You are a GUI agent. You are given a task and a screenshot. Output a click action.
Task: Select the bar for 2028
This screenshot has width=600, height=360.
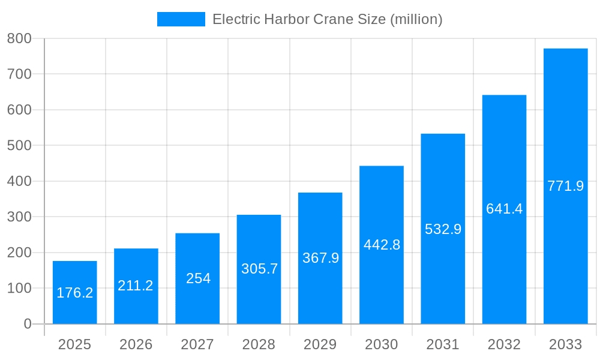click(x=259, y=240)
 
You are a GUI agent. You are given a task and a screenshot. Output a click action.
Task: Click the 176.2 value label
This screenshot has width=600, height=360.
click(x=75, y=293)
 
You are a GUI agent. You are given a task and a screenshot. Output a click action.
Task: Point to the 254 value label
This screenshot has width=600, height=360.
click(x=198, y=278)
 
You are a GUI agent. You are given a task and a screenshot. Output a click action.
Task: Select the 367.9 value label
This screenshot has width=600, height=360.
click(x=320, y=258)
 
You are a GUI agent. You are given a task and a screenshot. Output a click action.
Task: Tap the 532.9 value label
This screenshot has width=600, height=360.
click(x=443, y=229)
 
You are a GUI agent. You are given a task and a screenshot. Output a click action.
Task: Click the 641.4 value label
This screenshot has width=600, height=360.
click(x=504, y=209)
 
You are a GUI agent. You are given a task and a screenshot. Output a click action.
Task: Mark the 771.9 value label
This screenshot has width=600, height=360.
click(x=565, y=186)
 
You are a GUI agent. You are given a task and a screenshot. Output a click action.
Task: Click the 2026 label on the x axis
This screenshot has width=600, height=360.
click(x=136, y=344)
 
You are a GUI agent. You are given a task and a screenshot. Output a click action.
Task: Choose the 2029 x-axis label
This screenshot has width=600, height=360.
click(x=320, y=344)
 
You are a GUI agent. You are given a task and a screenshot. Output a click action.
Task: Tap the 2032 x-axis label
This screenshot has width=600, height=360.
click(x=504, y=344)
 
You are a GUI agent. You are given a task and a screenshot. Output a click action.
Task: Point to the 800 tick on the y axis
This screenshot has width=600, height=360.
click(x=19, y=38)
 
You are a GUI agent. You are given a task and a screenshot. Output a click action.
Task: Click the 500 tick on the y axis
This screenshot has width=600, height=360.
click(x=19, y=145)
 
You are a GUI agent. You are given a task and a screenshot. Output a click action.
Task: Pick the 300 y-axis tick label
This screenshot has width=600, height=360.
click(x=19, y=217)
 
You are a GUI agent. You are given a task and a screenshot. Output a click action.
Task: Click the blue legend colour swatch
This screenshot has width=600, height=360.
click(x=181, y=19)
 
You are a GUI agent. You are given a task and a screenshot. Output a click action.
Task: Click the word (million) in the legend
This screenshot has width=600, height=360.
click(x=416, y=19)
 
